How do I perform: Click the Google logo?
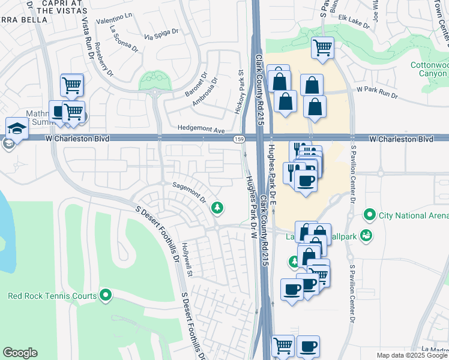tap(20, 353)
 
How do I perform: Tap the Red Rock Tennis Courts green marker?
tap(106, 295)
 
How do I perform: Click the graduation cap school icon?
tap(17, 128)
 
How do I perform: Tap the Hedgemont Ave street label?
tap(200, 129)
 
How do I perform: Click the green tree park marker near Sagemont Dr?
tap(217, 208)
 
